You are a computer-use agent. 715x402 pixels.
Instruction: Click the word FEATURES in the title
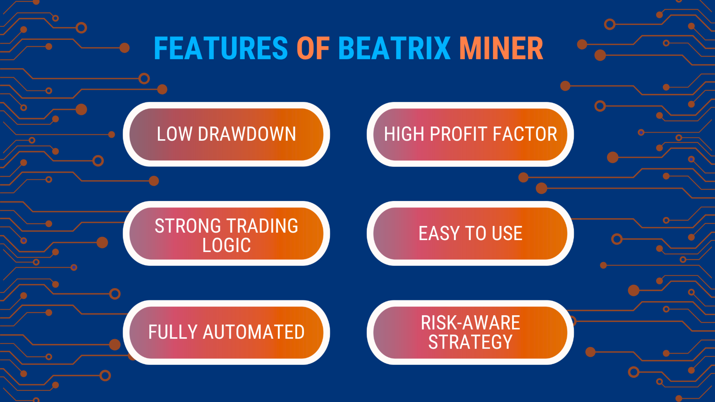click(220, 48)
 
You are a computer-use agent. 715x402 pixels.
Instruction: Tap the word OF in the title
click(313, 48)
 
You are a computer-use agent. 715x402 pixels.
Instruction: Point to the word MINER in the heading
click(501, 48)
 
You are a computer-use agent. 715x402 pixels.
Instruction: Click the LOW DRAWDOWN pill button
click(226, 134)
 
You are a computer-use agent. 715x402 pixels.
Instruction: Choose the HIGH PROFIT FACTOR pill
click(470, 134)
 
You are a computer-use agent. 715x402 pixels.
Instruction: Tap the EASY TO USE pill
click(470, 233)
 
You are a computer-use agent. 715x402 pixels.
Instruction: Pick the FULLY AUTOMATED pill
click(226, 332)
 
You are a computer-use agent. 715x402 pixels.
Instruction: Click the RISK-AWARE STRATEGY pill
click(470, 332)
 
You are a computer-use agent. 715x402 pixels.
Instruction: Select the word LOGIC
click(226, 245)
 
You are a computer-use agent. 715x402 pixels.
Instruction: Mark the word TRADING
click(263, 226)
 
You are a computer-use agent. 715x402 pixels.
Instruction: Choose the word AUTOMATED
click(254, 332)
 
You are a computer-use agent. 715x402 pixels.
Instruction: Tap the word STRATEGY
click(470, 342)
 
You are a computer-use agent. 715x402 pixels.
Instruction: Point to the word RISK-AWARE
click(470, 323)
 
